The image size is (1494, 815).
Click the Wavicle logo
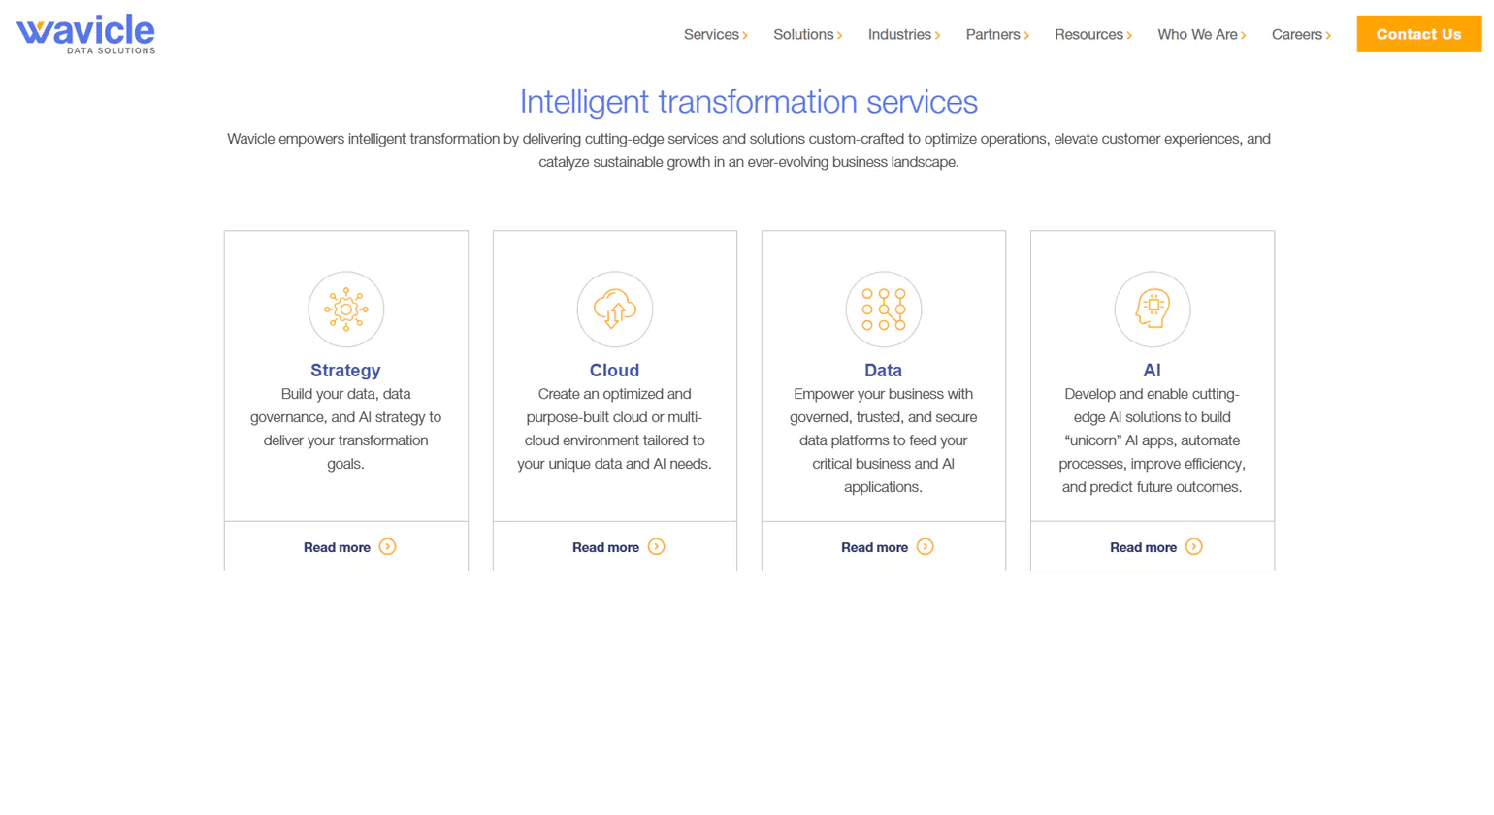85,34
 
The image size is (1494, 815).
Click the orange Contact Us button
1418,34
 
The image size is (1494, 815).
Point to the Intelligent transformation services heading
748,102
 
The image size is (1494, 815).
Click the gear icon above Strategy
346,310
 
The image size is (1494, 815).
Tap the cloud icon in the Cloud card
615,310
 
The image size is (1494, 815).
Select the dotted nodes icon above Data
884,310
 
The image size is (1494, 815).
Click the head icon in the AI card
1153,310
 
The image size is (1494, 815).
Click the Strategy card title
345,371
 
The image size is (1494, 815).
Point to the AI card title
1152,371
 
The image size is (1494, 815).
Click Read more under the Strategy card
338,547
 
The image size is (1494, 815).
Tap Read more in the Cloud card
606,547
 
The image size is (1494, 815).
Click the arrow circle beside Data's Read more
926,547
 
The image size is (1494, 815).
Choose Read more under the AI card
1144,547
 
